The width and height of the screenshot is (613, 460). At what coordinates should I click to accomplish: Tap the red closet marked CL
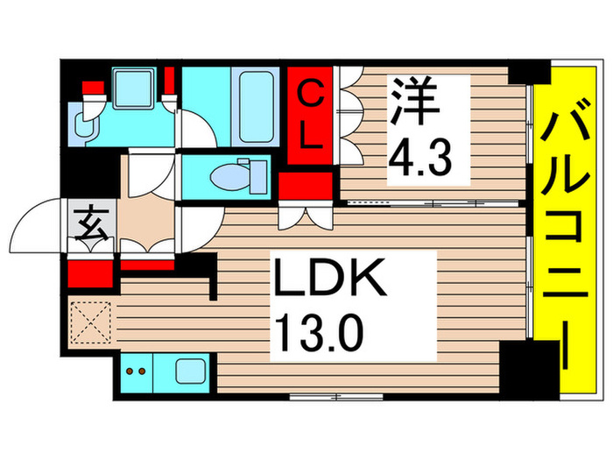pos(313,114)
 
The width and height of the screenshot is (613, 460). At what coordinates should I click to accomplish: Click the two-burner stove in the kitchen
pos(137,372)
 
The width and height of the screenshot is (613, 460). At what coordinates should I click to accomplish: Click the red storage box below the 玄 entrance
pos(89,273)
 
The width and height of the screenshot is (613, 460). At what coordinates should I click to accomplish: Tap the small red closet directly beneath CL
pos(305,186)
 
